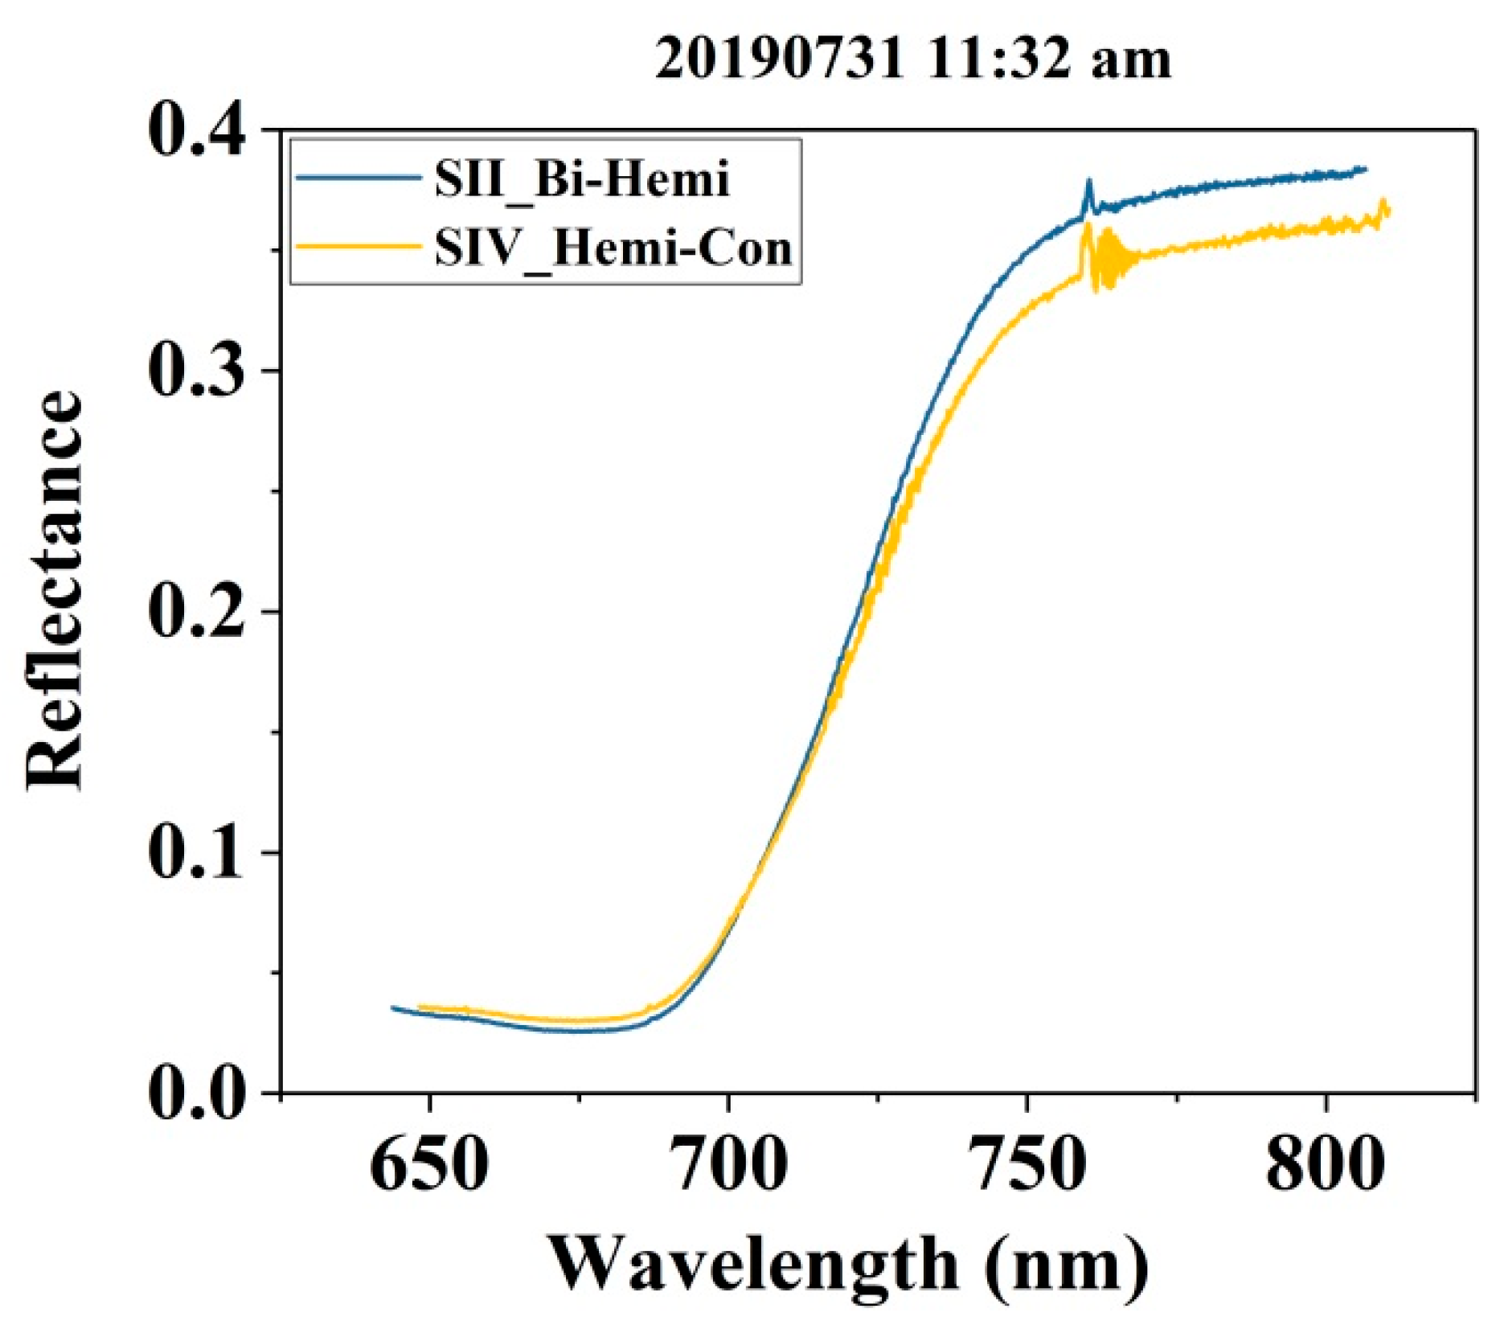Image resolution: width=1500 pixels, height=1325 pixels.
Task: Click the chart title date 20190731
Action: pos(779,59)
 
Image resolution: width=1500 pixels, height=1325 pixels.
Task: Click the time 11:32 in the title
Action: pos(999,59)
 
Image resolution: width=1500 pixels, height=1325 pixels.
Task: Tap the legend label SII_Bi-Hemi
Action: pos(582,178)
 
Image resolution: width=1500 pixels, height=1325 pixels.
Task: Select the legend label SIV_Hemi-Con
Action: pos(613,248)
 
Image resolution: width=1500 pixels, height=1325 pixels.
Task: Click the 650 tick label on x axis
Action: pos(428,1164)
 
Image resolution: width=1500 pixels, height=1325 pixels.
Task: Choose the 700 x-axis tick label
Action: pos(727,1164)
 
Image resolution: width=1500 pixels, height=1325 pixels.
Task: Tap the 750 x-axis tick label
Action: pos(1027,1164)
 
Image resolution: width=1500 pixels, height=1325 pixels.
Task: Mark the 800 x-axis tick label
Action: pos(1324,1164)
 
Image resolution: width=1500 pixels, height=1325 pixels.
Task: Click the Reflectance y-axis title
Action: pos(55,591)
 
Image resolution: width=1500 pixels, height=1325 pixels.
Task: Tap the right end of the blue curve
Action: pos(1365,169)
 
